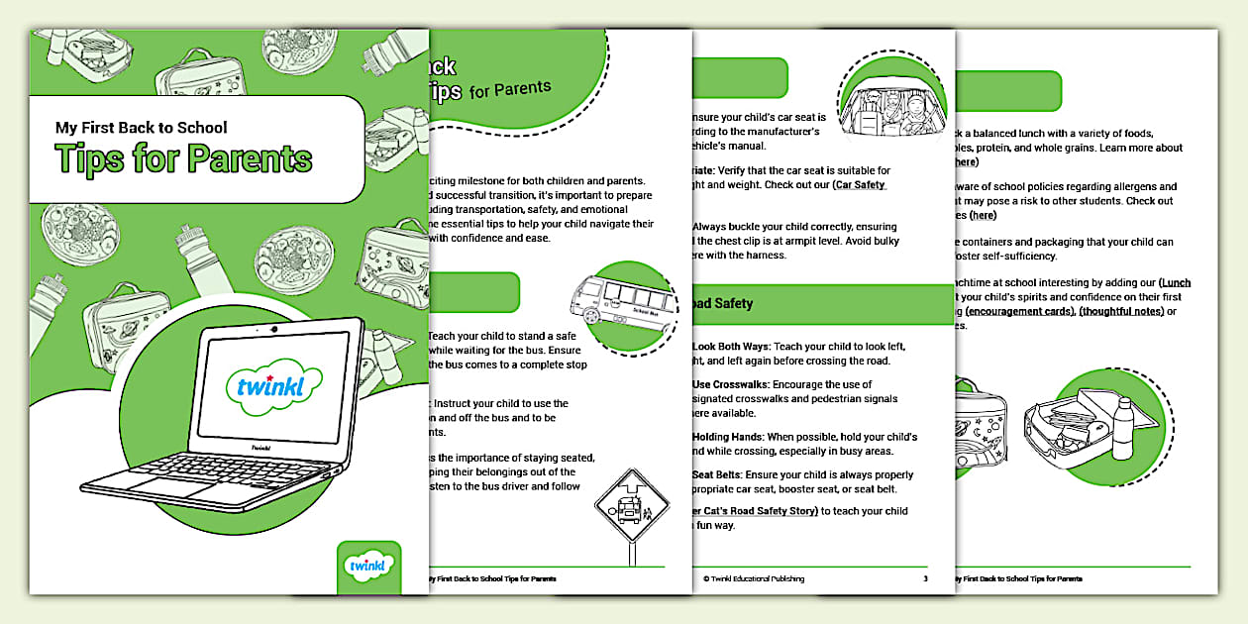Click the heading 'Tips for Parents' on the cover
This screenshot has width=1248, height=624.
coord(184,157)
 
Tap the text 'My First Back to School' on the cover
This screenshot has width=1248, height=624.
coord(142,127)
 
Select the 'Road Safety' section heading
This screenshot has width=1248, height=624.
coord(722,303)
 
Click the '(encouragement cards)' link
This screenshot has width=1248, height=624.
coord(1019,311)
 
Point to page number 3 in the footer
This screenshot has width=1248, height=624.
coord(925,578)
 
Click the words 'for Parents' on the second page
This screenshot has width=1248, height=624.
coord(510,89)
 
